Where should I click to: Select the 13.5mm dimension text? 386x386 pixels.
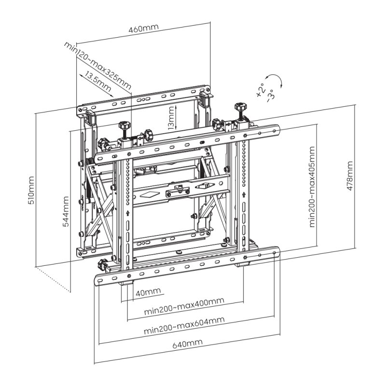97,82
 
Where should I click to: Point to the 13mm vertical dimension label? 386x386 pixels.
171,117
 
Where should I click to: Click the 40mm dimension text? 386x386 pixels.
148,292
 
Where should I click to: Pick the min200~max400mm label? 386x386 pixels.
184,307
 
